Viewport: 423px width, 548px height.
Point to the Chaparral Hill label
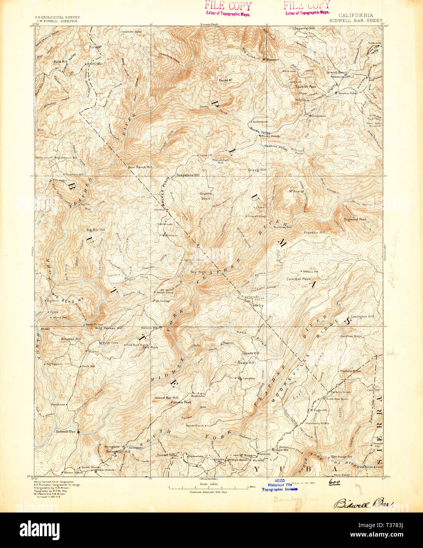[303, 29]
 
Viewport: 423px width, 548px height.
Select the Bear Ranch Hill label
[140, 167]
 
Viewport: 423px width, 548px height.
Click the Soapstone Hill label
[188, 175]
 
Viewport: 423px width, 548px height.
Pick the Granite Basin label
[206, 196]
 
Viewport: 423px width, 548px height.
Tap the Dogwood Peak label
[355, 219]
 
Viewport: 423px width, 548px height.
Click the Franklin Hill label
[314, 233]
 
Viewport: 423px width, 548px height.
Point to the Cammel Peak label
[299, 279]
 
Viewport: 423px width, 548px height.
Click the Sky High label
[198, 272]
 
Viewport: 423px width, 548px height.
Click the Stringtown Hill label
[119, 452]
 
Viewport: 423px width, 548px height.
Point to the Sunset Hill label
[166, 455]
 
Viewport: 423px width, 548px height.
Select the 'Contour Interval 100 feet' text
[209, 492]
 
